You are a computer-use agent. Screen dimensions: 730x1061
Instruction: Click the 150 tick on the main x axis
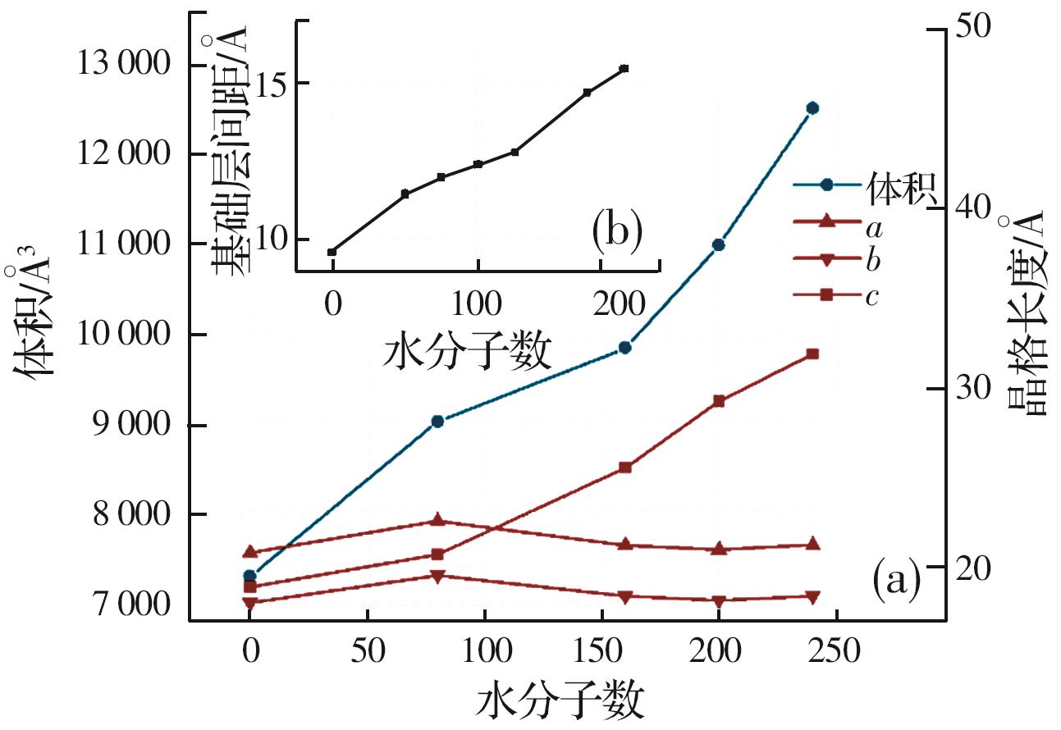point(601,653)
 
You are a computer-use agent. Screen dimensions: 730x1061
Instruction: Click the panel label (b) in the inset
point(616,232)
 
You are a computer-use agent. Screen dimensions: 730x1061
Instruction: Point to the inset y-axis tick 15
point(273,83)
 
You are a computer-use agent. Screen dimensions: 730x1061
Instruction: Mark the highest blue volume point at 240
point(812,107)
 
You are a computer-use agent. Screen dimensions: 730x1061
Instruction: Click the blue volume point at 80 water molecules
point(437,421)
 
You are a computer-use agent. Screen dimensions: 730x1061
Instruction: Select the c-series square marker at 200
point(719,401)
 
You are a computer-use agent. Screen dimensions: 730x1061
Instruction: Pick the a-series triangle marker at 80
point(437,520)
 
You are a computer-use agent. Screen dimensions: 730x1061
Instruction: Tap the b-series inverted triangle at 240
point(812,597)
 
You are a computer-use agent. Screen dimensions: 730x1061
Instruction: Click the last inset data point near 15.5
point(624,69)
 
